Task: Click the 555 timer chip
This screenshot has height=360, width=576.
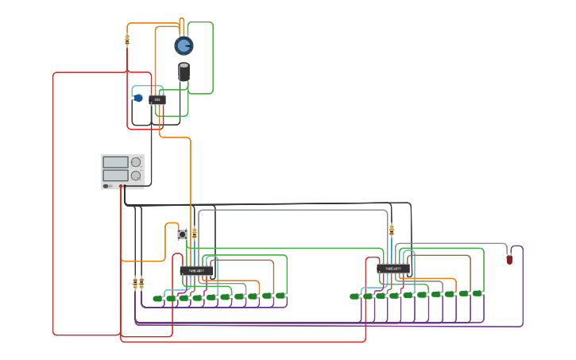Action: coord(157,100)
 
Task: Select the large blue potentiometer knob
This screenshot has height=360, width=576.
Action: coord(184,45)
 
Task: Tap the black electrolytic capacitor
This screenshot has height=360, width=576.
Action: coord(184,72)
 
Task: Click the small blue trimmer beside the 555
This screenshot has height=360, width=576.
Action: coord(138,98)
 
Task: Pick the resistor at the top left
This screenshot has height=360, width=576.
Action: coord(127,39)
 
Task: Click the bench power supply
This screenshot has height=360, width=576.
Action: coord(122,171)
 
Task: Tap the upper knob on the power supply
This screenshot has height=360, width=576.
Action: coord(136,162)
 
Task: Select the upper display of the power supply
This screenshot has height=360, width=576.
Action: coord(115,162)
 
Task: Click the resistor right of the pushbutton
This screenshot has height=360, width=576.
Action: coord(194,233)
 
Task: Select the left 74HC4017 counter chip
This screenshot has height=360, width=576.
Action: coord(196,271)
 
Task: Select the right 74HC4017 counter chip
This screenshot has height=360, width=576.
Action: coord(393,269)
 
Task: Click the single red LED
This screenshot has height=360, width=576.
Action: coord(509,259)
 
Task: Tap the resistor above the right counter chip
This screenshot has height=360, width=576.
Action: coord(391,230)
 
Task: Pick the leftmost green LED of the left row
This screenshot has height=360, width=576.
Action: coord(157,299)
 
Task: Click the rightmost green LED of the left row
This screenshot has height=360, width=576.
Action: coord(280,296)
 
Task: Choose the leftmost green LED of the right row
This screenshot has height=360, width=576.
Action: coord(354,296)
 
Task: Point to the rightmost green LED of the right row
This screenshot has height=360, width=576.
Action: coord(477,293)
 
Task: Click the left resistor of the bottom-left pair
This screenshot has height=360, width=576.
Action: coord(135,283)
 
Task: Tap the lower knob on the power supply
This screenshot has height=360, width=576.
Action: coord(136,176)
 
